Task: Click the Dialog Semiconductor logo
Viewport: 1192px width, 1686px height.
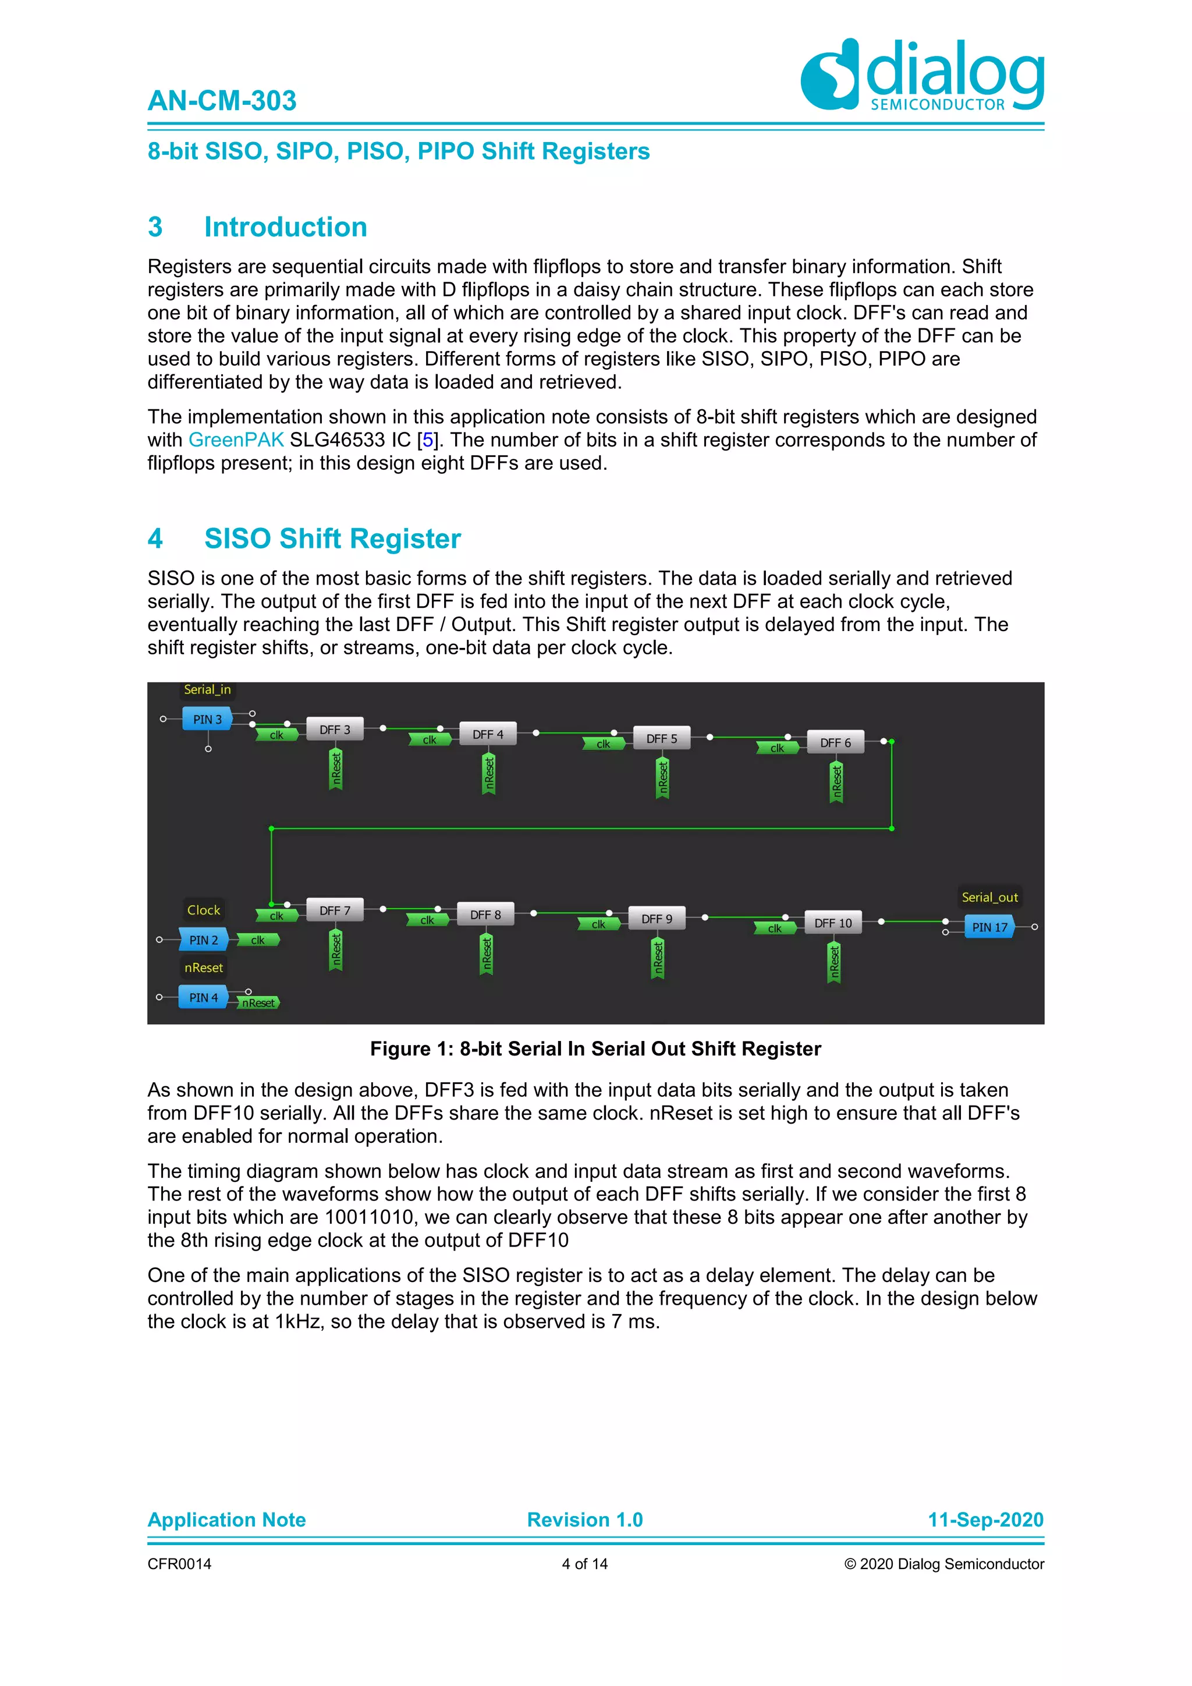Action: click(x=922, y=75)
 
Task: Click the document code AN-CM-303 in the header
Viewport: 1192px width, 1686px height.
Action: click(x=222, y=101)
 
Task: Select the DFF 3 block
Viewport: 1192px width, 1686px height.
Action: click(x=335, y=729)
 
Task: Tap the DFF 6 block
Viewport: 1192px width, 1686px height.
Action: click(x=835, y=742)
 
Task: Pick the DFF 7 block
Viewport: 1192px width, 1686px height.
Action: click(x=335, y=911)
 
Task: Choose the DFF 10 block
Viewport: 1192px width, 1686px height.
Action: click(x=833, y=923)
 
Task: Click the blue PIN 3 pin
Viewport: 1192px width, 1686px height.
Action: click(x=207, y=719)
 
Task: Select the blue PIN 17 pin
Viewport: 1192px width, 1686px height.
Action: click(x=989, y=927)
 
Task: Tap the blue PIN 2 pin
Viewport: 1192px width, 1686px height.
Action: click(x=203, y=940)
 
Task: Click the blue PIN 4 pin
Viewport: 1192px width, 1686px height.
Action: click(x=203, y=997)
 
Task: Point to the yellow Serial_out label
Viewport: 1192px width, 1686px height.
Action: click(x=989, y=897)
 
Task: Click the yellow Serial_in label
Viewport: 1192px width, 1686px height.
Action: click(x=207, y=689)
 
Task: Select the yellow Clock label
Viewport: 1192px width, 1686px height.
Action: click(x=203, y=910)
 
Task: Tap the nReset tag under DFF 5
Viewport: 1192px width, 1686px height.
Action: click(x=663, y=778)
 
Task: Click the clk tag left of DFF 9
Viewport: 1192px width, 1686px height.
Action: click(x=598, y=925)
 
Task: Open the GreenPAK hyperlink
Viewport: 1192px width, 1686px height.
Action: click(x=236, y=440)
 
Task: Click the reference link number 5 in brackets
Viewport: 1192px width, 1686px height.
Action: click(x=428, y=440)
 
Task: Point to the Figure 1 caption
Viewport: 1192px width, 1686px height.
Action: click(x=595, y=1049)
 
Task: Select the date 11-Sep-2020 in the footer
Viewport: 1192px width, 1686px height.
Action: click(x=985, y=1519)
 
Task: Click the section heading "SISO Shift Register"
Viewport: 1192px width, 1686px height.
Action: click(x=332, y=539)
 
